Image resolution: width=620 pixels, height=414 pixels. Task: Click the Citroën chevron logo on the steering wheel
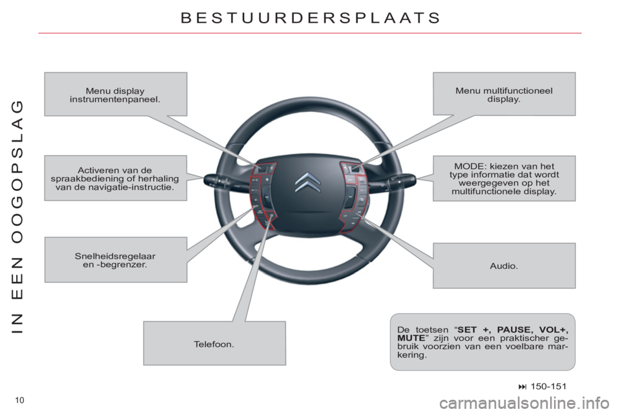(x=307, y=183)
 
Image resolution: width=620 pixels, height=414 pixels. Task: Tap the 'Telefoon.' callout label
(x=214, y=344)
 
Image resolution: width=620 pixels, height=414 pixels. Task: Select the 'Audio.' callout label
(x=504, y=266)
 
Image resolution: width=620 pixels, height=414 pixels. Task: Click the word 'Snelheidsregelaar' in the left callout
(x=115, y=256)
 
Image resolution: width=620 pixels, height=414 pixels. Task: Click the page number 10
(x=19, y=400)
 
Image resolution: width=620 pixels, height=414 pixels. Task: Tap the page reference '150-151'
(x=548, y=386)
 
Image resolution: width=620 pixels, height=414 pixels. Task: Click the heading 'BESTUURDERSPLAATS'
(x=310, y=18)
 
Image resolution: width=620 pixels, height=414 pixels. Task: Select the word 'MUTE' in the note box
(x=411, y=338)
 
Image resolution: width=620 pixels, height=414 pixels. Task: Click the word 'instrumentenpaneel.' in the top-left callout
(x=115, y=99)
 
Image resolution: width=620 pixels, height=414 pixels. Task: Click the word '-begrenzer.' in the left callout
(x=115, y=264)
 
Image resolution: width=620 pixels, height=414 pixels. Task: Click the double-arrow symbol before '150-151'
(x=524, y=386)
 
